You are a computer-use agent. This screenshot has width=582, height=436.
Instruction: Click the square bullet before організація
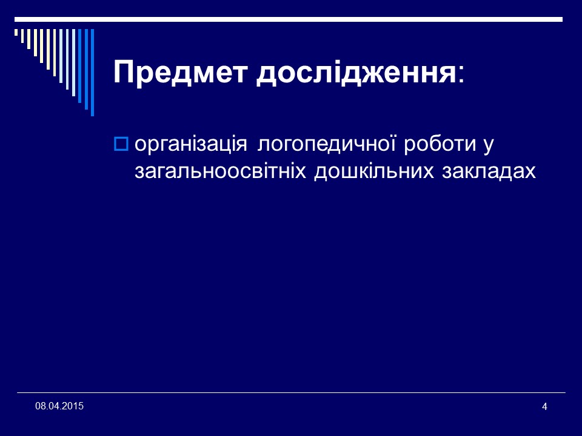119,144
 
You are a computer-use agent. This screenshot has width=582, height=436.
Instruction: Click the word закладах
485,172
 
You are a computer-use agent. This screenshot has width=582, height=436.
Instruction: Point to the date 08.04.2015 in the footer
59,405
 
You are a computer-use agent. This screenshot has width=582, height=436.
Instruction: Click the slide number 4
544,406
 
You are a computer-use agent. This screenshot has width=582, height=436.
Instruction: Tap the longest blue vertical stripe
92,72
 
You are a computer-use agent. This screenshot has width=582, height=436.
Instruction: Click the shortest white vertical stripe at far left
16,33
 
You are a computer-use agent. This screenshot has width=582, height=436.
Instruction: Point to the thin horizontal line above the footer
291,392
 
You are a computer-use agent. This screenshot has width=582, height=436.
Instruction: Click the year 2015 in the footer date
73,405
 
